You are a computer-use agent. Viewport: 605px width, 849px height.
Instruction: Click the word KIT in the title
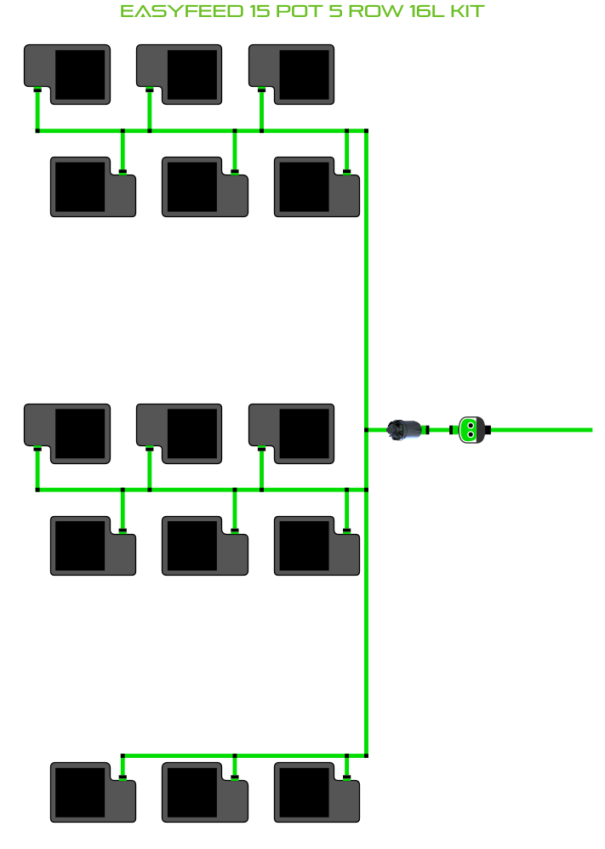point(466,12)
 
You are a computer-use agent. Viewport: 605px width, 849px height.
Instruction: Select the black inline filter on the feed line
point(405,430)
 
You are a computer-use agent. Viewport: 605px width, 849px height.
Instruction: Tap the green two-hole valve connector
point(470,430)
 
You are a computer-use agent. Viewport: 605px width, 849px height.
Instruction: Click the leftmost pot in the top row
point(67,74)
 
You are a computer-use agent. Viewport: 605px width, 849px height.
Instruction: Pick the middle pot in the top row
point(180,74)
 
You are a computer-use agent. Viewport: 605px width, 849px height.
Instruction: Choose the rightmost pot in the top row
point(292,74)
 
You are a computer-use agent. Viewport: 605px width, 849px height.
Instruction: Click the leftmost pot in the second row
point(93,186)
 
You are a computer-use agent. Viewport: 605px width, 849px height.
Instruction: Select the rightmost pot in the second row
point(317,186)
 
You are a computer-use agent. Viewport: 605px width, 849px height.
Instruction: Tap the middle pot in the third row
point(180,433)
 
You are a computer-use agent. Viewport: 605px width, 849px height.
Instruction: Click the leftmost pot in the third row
point(67,433)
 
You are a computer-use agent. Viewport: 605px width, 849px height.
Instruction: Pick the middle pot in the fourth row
point(204,545)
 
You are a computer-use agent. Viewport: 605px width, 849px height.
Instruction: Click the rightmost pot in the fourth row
point(317,545)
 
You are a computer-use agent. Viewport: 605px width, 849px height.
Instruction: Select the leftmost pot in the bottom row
point(93,792)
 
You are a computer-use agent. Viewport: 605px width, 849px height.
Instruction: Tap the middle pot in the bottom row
point(204,792)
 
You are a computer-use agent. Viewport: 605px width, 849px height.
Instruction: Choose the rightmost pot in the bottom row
point(317,792)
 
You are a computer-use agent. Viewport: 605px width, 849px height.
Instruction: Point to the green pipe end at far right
point(588,430)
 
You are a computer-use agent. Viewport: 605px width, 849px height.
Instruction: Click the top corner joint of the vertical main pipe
point(366,131)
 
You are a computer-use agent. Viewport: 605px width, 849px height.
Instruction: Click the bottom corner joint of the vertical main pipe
point(366,754)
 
